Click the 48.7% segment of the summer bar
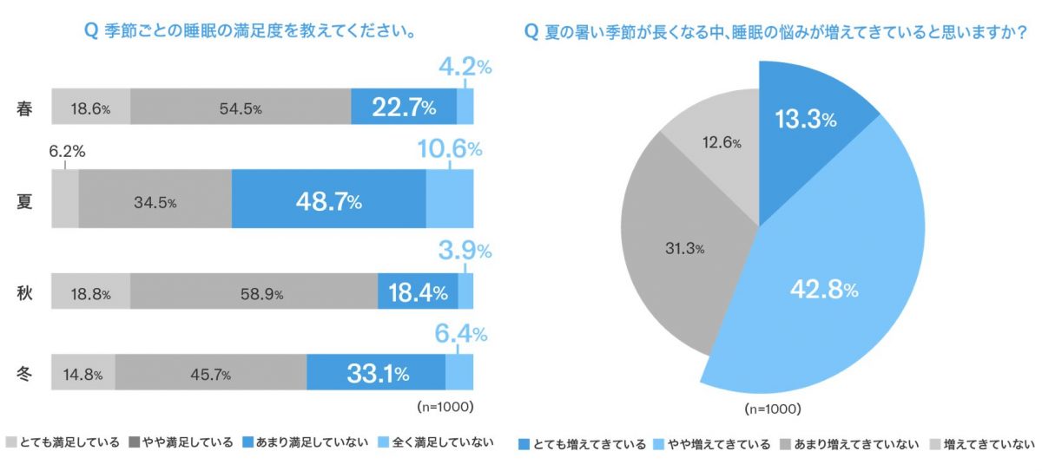[x=328, y=202]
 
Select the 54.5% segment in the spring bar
[x=241, y=108]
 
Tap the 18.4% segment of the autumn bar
[x=417, y=293]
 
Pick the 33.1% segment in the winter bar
[x=375, y=375]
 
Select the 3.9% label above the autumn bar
[x=463, y=252]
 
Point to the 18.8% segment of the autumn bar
[x=89, y=293]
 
